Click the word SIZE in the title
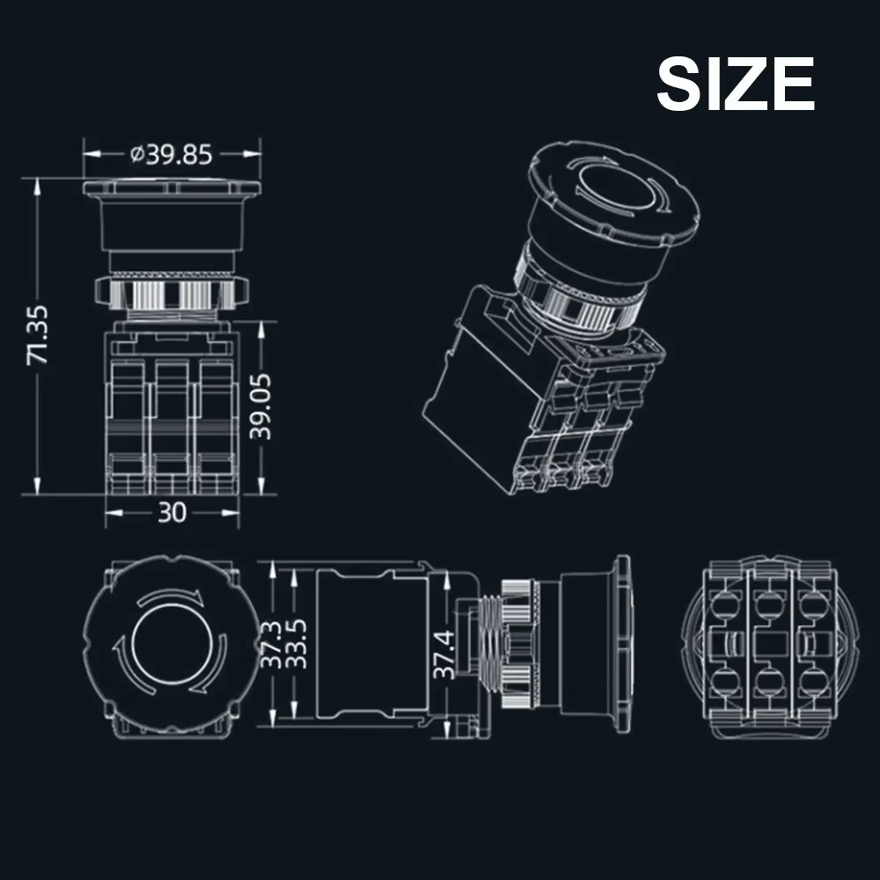(x=735, y=84)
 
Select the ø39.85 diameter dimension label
(x=172, y=154)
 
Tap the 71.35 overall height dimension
(x=38, y=335)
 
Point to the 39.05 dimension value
(x=260, y=407)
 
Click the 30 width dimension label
(x=172, y=512)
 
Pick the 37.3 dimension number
(x=272, y=644)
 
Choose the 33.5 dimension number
(x=296, y=644)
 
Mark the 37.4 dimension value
(x=444, y=655)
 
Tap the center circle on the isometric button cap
(x=614, y=192)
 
